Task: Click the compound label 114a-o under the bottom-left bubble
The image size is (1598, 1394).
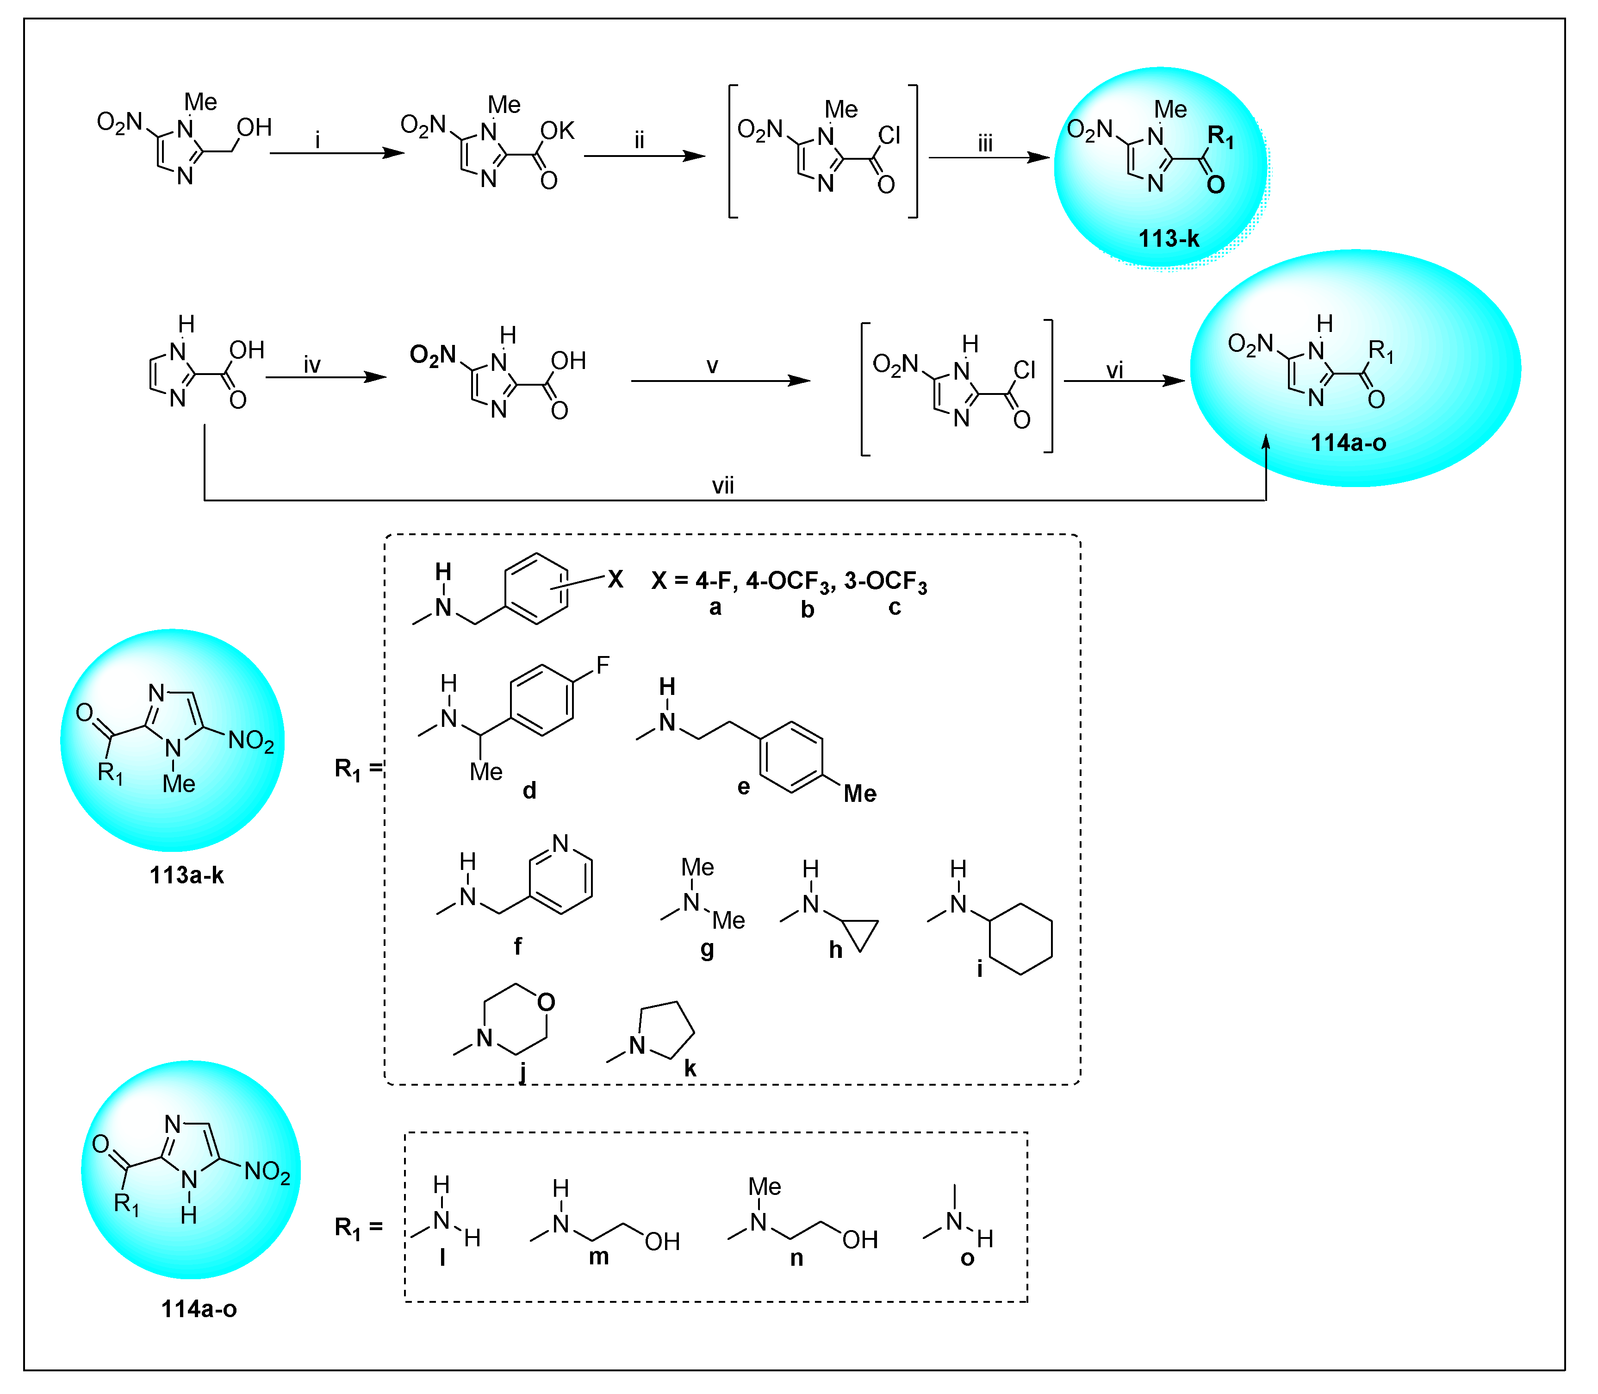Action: [199, 1309]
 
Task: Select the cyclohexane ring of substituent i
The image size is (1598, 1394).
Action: [1020, 939]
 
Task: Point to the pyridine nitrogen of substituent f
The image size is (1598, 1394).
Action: [560, 844]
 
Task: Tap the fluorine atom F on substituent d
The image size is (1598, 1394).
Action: [603, 665]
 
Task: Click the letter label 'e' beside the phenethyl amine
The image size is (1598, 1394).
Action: [743, 787]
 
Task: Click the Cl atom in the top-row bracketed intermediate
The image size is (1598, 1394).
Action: [889, 136]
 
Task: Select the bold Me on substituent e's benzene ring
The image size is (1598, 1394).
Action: [859, 794]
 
